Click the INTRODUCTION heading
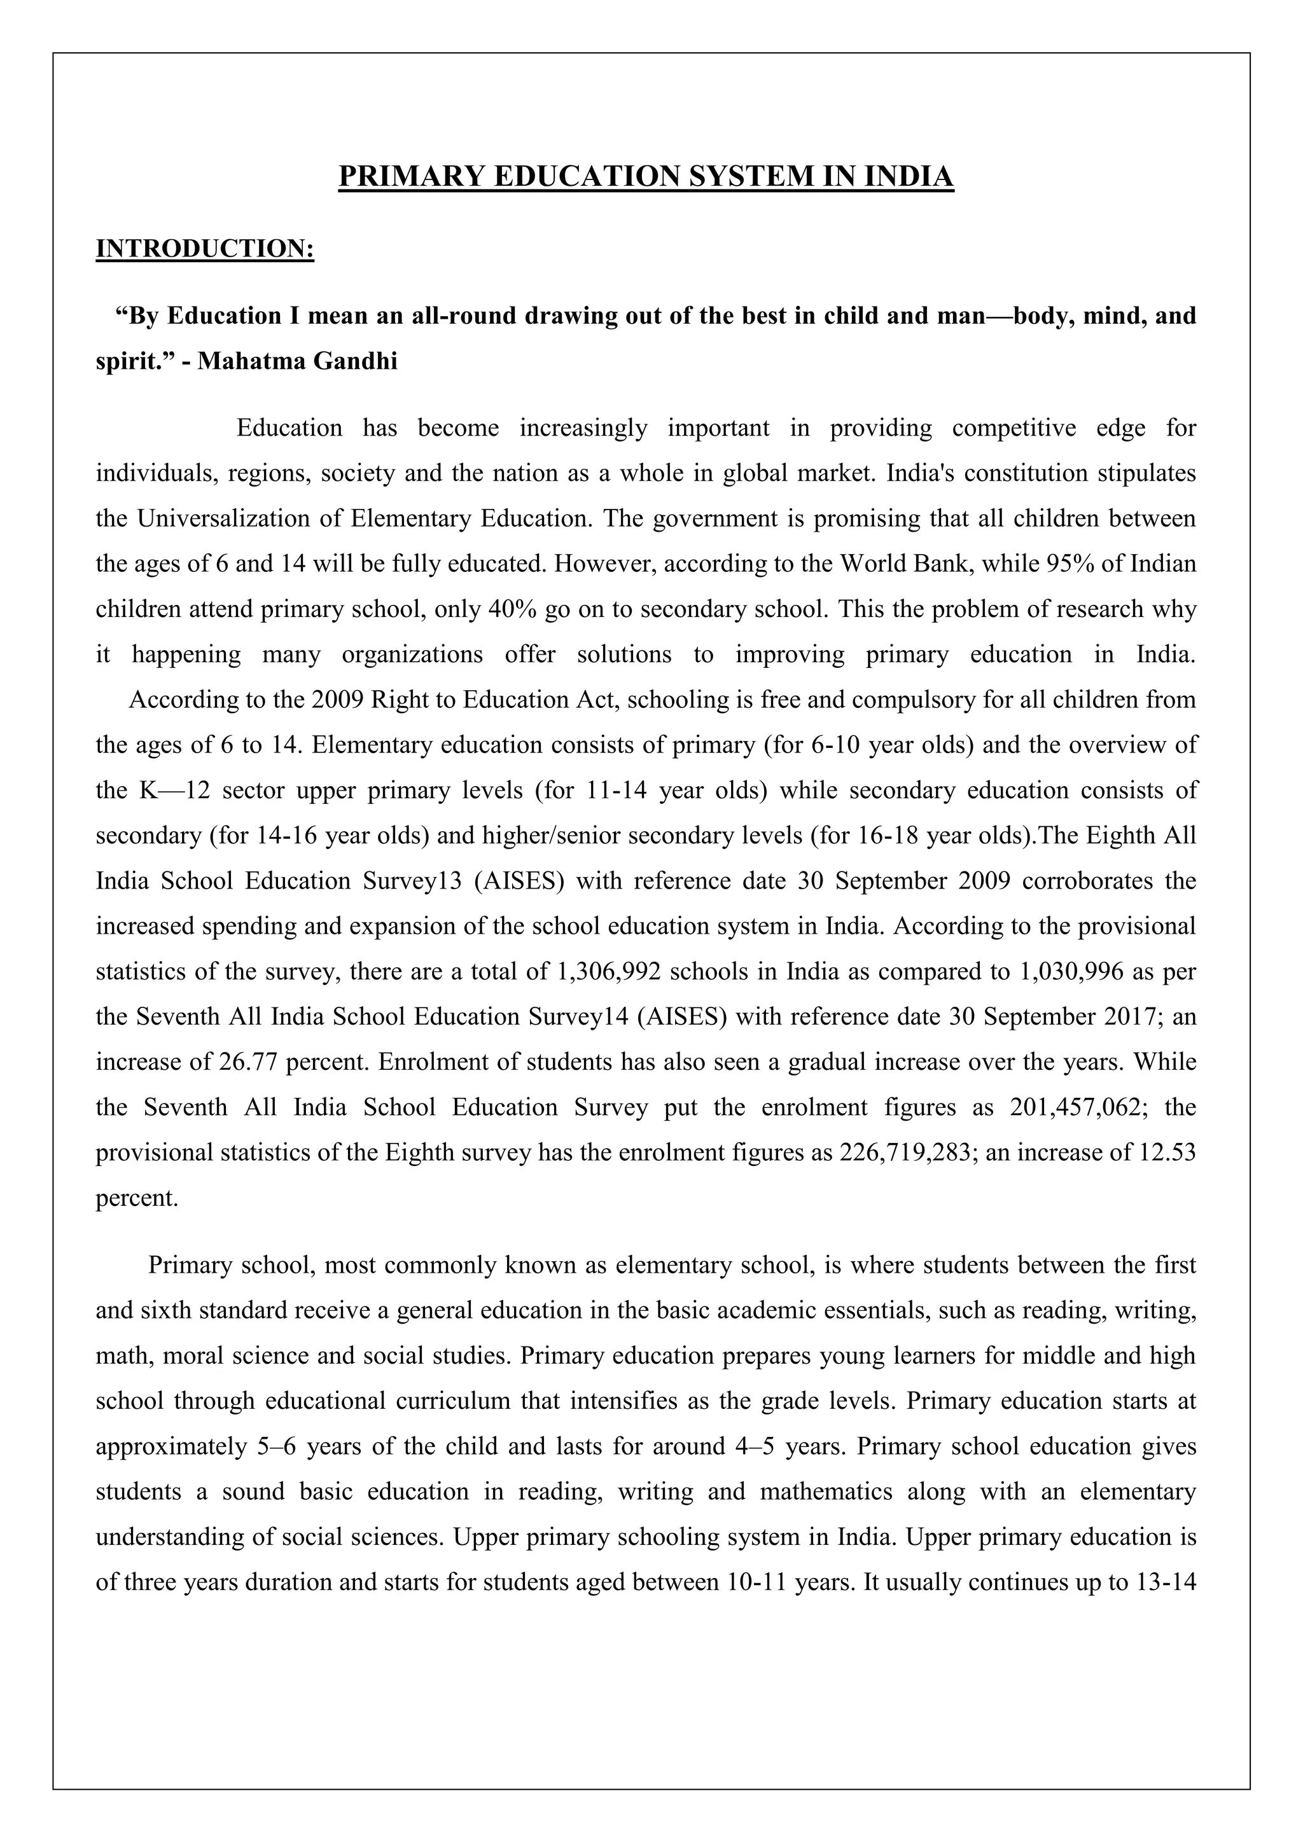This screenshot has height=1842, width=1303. click(205, 249)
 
